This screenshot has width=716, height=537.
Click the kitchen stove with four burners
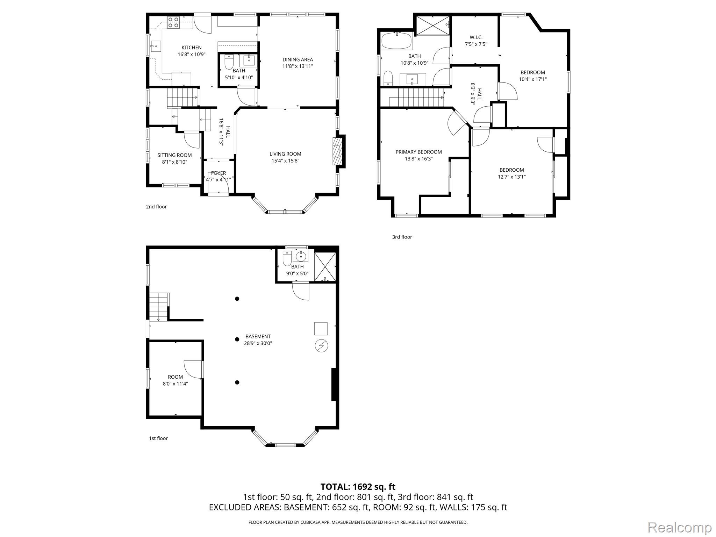coord(173,22)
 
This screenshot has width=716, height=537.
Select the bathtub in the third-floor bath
coord(396,41)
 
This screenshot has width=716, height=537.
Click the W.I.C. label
coord(476,37)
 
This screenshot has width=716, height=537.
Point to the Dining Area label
coord(298,59)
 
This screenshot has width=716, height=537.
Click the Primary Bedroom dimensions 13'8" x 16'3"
coord(418,159)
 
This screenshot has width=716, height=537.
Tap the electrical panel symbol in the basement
coord(321,346)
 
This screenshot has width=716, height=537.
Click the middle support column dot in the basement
coord(237,339)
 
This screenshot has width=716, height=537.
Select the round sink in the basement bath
coord(301,257)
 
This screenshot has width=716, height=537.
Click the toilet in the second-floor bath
coord(229,62)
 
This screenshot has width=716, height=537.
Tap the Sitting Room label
coord(174,155)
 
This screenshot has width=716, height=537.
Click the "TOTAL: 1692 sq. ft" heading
coord(358,487)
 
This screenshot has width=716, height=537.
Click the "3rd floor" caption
coord(402,237)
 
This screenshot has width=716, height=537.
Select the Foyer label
coord(219,173)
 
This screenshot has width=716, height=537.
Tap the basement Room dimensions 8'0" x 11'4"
coord(175,384)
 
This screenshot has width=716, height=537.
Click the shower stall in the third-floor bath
coord(433,25)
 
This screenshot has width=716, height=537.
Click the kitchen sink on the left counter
coord(156,46)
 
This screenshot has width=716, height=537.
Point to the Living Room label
coord(285,154)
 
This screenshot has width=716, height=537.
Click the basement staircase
coord(159,307)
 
